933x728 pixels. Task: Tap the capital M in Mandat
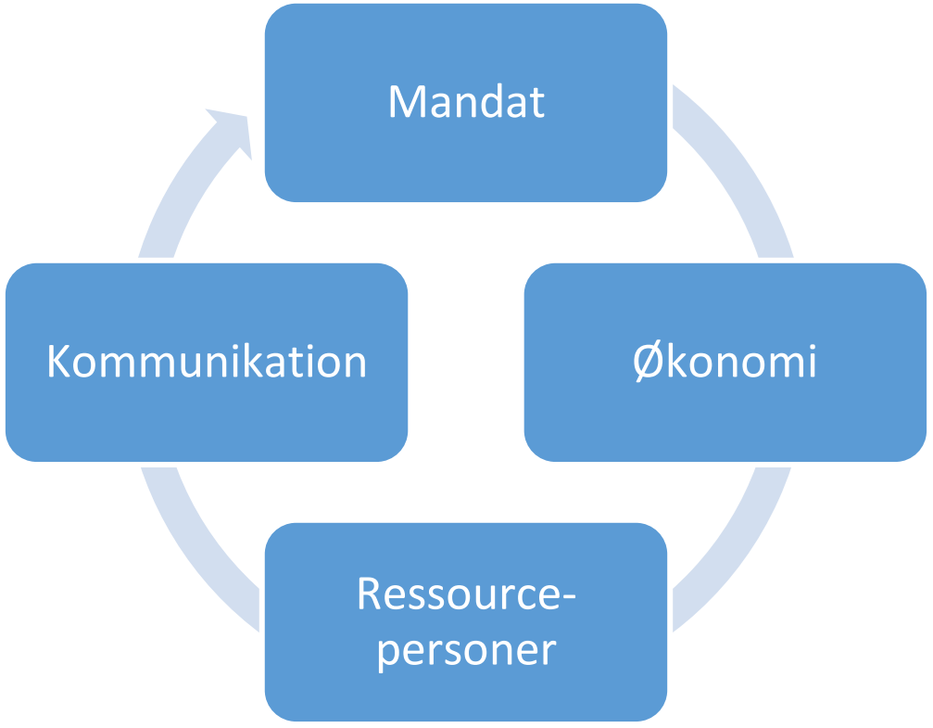(407, 102)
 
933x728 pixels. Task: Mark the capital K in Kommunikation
(59, 362)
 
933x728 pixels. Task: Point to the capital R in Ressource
(368, 594)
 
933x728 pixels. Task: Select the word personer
(466, 651)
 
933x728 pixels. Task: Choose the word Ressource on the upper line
(457, 594)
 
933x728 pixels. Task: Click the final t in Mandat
(536, 103)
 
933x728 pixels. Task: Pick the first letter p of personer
(388, 654)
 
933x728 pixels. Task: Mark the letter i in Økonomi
(810, 361)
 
